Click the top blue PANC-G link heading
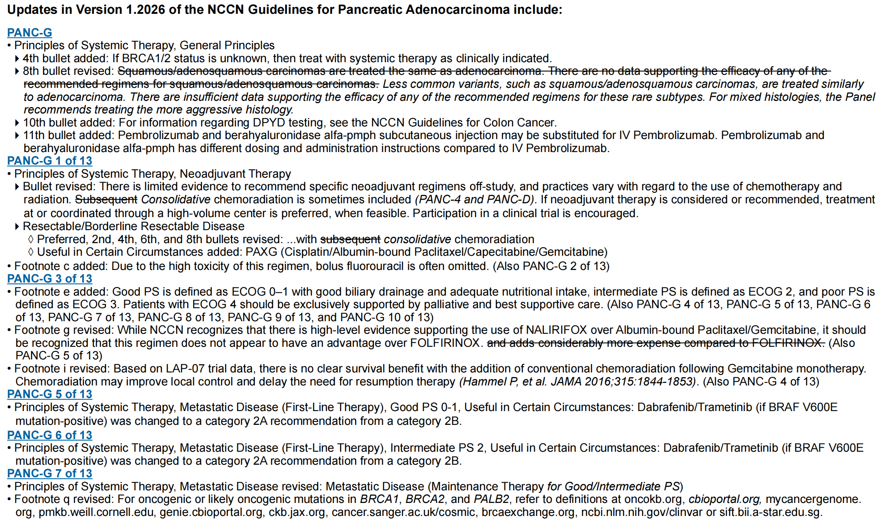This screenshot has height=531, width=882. point(30,33)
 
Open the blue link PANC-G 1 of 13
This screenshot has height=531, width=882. point(50,161)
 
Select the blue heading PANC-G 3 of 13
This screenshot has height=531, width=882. point(50,279)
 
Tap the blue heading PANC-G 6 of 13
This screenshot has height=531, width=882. point(50,435)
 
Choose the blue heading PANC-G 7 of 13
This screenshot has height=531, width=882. point(50,474)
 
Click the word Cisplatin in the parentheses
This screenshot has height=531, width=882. point(306,252)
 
